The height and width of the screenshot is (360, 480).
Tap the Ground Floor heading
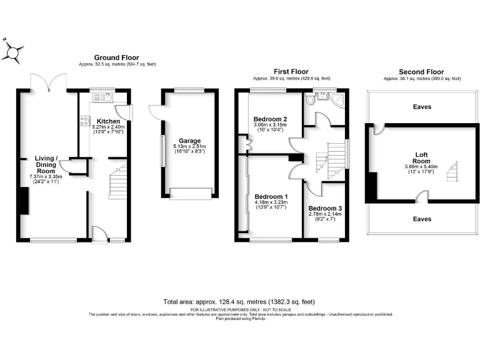point(117,57)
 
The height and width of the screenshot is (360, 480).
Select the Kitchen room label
point(108,121)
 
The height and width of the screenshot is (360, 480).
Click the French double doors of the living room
point(49,82)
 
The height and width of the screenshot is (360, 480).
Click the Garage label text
point(189,141)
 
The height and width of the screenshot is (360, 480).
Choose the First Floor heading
point(291,72)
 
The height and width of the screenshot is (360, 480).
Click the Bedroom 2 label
point(271,119)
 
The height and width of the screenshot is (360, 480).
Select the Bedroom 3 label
point(325,208)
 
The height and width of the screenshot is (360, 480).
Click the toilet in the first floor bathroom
point(311,99)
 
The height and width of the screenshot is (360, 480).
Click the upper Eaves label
point(422,107)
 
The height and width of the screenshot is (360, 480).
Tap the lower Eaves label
point(422,219)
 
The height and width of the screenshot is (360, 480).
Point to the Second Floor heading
point(422,72)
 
